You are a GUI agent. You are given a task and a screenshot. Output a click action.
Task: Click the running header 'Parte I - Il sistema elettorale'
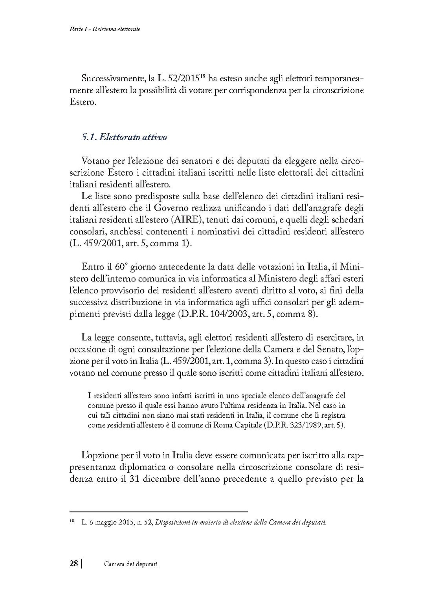pos(103,29)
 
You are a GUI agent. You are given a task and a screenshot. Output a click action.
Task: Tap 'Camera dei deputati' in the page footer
pos(131,564)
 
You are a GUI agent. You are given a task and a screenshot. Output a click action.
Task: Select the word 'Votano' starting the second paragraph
pos(94,161)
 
